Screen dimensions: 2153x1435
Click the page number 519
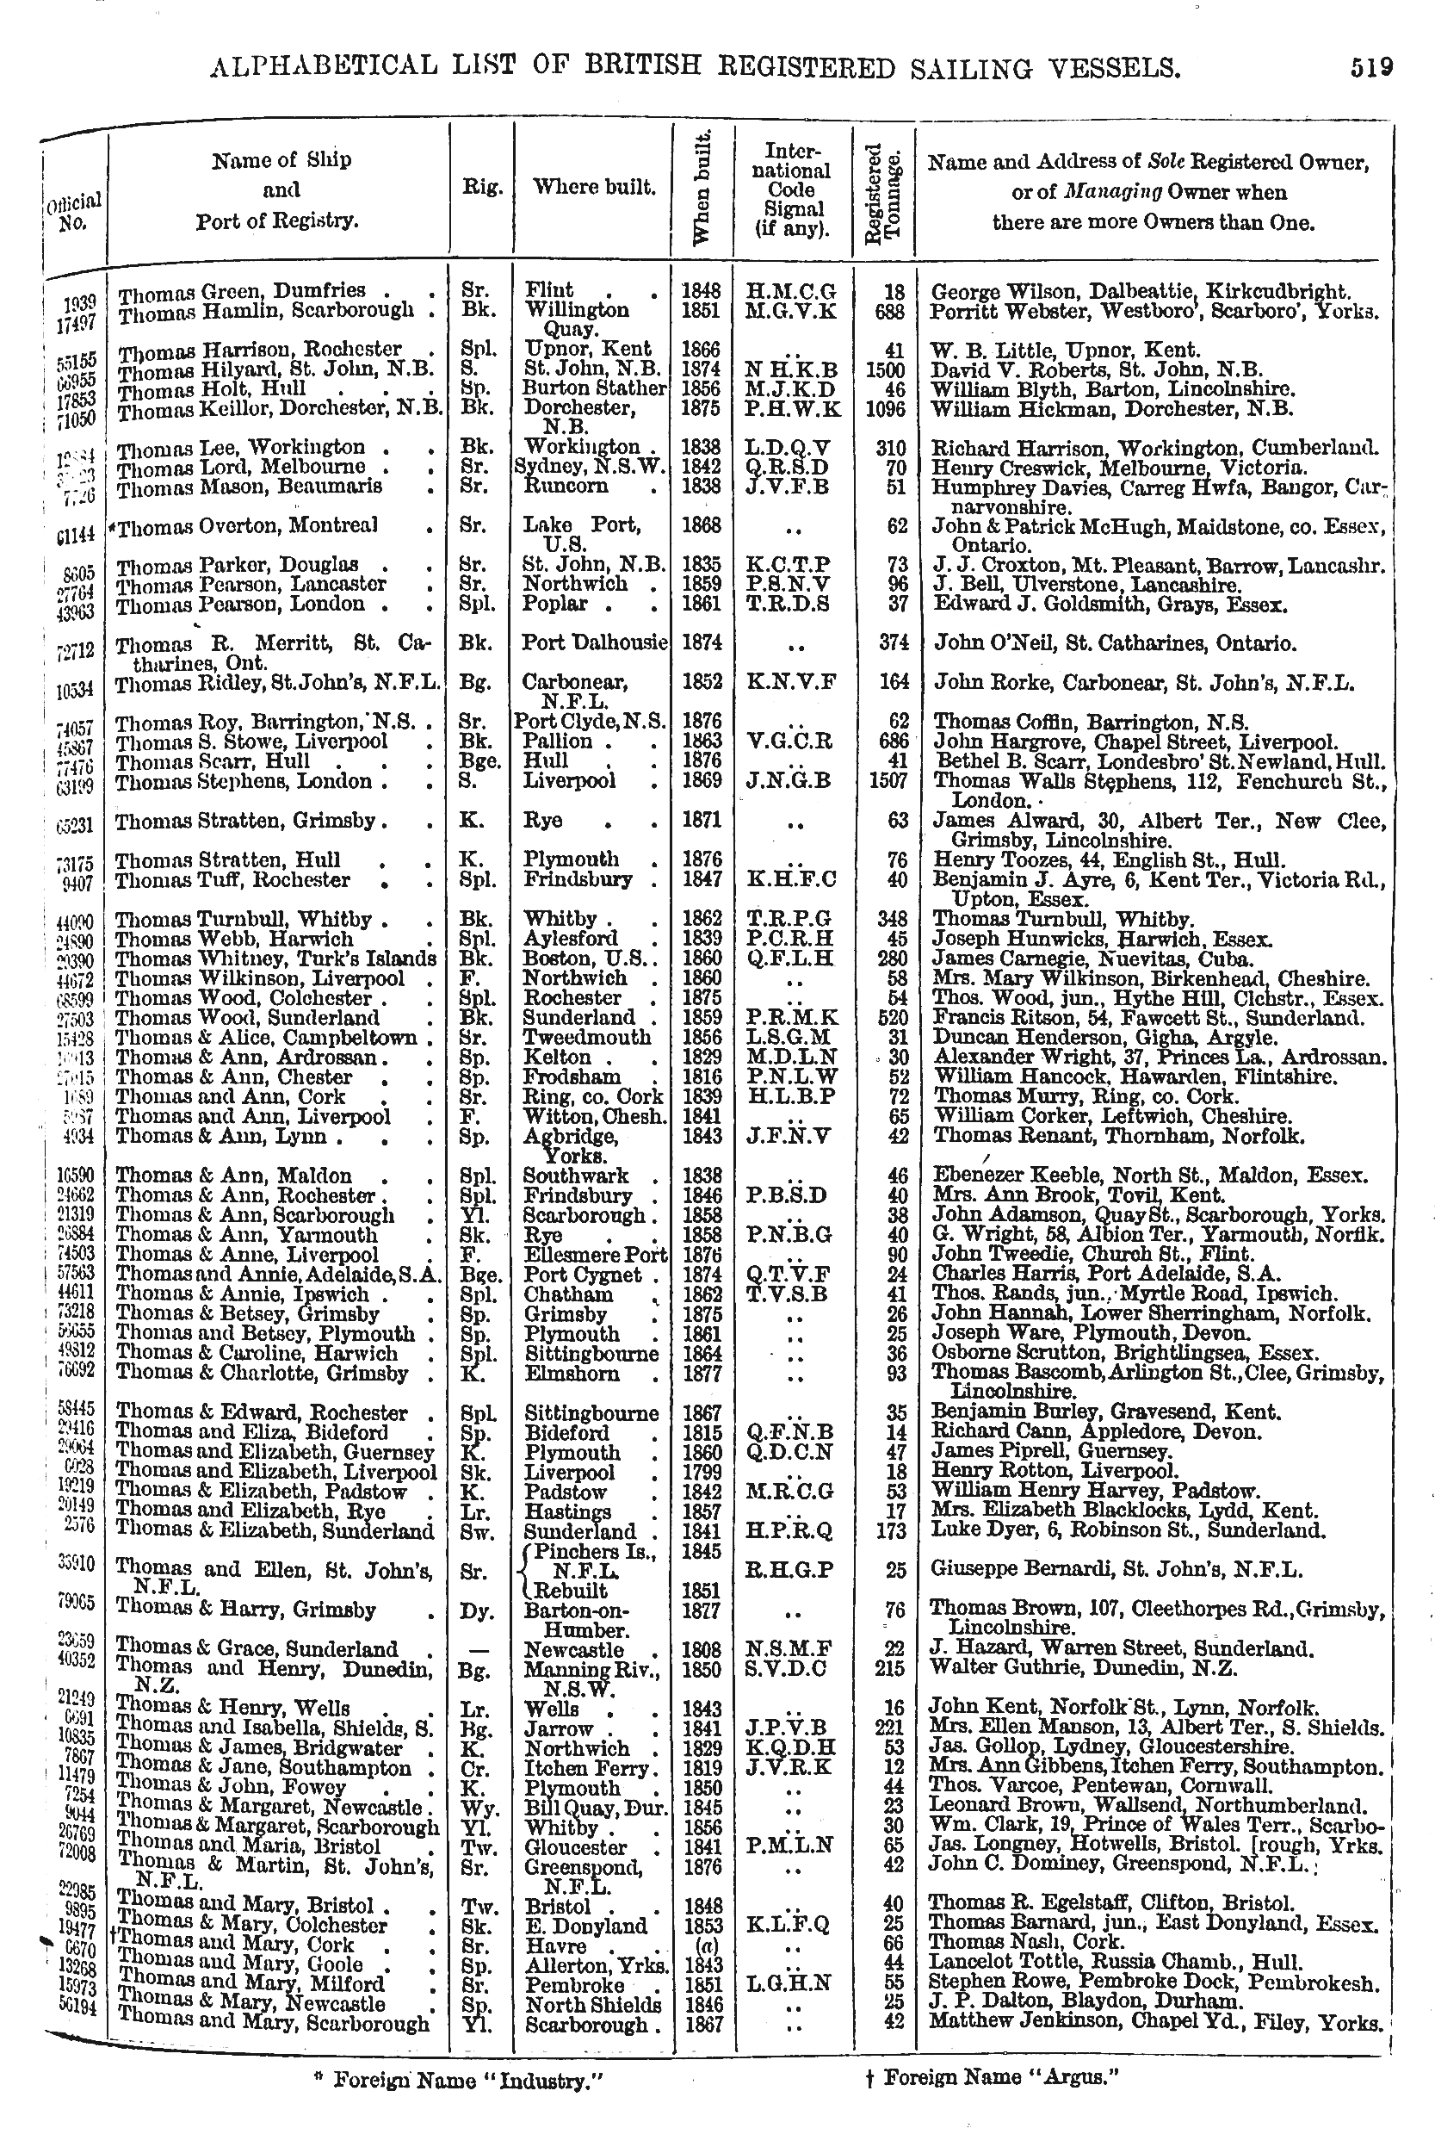(1371, 67)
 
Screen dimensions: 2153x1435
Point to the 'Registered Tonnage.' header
(884, 192)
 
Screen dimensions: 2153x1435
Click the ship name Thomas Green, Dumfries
(243, 292)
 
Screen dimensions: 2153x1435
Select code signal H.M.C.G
(792, 292)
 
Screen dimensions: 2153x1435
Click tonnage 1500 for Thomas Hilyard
(885, 369)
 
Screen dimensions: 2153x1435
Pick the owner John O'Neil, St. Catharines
(1115, 643)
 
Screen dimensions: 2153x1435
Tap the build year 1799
(702, 1472)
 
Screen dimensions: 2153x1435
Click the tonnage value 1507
(885, 781)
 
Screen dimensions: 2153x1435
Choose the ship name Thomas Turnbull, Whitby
(244, 919)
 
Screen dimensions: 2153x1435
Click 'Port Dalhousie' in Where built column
(594, 642)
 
